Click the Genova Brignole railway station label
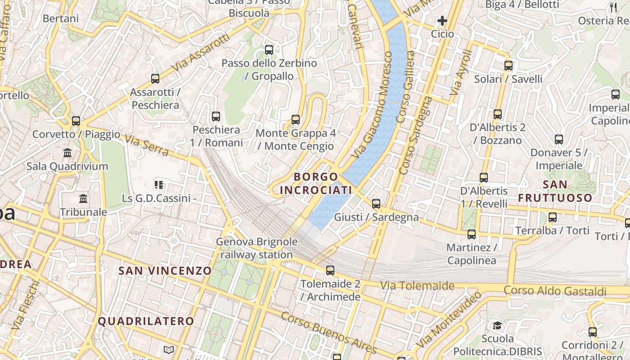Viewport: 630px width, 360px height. click(x=256, y=248)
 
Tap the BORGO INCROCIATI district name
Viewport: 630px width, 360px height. click(x=315, y=183)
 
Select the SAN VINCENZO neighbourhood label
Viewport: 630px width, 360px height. click(x=165, y=270)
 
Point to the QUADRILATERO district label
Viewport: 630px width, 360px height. click(x=146, y=321)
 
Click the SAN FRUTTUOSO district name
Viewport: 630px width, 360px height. click(x=555, y=191)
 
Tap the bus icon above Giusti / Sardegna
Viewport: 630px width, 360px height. click(x=376, y=204)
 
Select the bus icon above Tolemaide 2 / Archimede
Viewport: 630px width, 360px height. click(x=330, y=270)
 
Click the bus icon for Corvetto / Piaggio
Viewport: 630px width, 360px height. click(x=76, y=121)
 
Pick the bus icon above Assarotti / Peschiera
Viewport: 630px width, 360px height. click(x=155, y=79)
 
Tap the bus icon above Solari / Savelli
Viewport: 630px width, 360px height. click(x=508, y=66)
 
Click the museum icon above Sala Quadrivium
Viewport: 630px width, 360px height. click(x=67, y=153)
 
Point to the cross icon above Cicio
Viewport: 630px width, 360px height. click(x=442, y=21)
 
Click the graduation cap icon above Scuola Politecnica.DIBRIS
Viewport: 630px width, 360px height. click(x=497, y=325)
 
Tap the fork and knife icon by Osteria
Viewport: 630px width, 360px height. click(x=613, y=7)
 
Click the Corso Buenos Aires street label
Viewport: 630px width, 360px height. click(x=328, y=333)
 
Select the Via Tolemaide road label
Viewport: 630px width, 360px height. click(x=417, y=285)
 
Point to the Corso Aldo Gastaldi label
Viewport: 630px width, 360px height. click(x=555, y=291)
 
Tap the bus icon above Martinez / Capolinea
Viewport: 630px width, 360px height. click(x=472, y=234)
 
